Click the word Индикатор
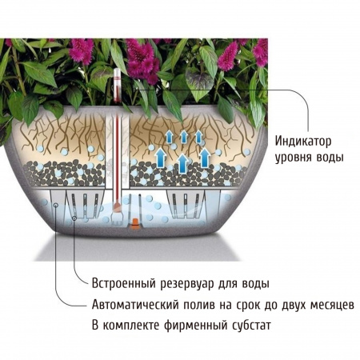coord(303,141)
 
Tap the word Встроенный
coord(123,283)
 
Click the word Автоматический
coord(135,304)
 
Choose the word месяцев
coord(332,305)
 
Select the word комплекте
coord(130,326)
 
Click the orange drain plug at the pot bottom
coord(135,223)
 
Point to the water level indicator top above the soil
coord(117,85)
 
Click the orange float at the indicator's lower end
coord(117,206)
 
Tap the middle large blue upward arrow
coord(182,163)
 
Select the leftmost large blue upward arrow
coord(160,158)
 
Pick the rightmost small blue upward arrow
coord(198,137)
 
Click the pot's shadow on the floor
coord(138,248)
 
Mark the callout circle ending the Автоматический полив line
coord(56,205)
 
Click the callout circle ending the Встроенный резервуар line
coord(74,218)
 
